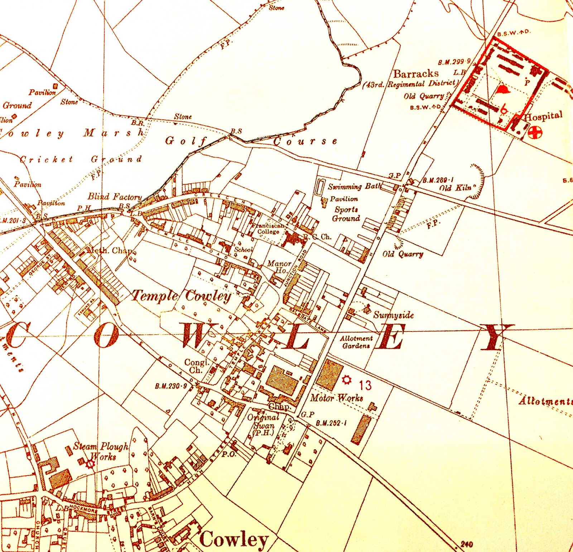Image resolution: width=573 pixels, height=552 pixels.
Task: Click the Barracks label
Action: point(416,74)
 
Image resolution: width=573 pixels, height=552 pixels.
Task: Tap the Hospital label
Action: point(543,116)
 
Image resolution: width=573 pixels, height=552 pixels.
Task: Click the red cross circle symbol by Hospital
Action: point(535,132)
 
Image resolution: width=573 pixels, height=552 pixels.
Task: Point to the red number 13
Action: point(365,385)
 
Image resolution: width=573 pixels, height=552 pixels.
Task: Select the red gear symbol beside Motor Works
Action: point(346,380)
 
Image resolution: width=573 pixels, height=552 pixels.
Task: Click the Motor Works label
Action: point(336,398)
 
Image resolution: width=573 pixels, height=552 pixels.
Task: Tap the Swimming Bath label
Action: point(354,187)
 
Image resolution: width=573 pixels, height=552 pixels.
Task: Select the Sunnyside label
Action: point(393,315)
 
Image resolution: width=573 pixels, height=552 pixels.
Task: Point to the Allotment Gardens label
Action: point(356,342)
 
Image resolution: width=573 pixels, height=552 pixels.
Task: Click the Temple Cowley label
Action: point(181,296)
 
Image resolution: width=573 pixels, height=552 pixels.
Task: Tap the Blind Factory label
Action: point(115,197)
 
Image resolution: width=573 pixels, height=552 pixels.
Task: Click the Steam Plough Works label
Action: point(101,451)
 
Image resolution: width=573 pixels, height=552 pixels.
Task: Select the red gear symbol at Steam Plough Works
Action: point(90,464)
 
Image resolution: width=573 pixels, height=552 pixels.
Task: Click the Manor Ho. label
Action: point(279,267)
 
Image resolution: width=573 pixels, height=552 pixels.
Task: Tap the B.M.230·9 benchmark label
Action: point(171,386)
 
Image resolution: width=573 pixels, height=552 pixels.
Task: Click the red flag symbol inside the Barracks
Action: point(504,89)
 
